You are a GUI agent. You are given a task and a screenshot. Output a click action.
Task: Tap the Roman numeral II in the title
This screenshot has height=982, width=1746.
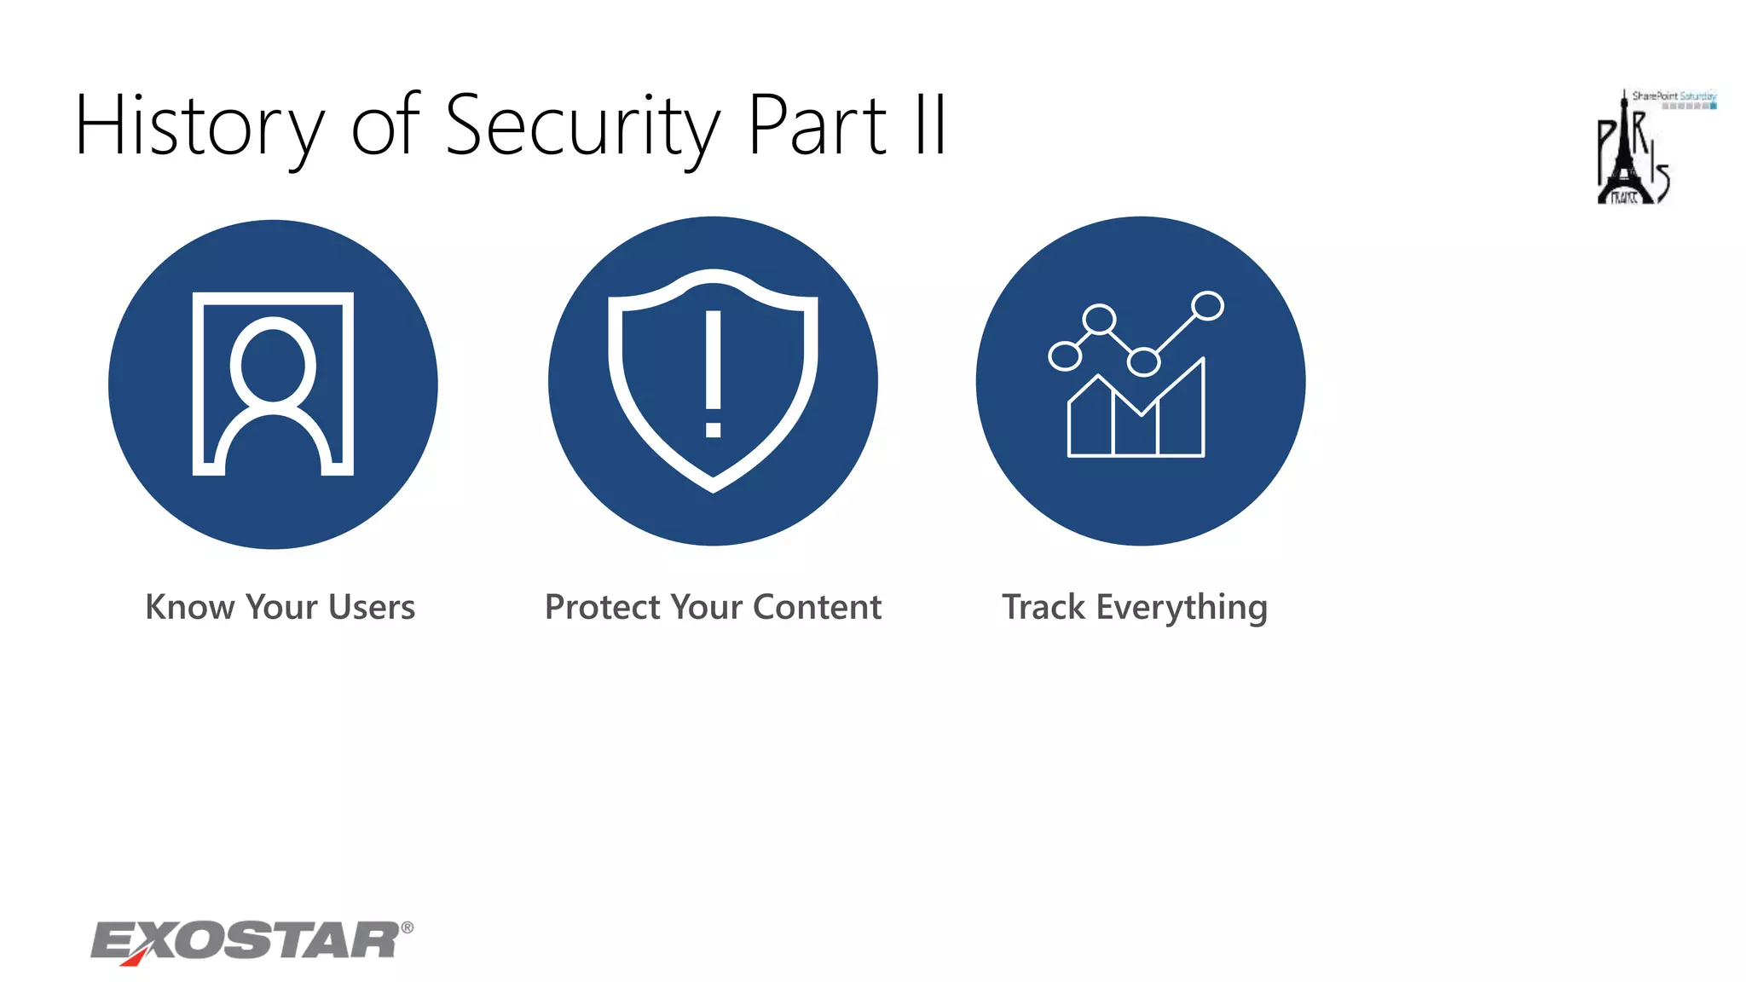[x=930, y=126]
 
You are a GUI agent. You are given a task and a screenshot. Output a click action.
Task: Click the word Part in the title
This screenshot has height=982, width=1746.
[x=818, y=126]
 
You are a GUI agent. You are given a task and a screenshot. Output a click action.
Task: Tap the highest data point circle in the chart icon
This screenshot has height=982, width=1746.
[x=1207, y=306]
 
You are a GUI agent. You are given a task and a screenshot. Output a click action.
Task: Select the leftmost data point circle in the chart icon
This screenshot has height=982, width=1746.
[x=1065, y=355]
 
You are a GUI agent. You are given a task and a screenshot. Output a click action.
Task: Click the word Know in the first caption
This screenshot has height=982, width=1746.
[x=189, y=607]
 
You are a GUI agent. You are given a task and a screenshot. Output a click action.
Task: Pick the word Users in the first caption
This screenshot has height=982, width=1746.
[x=373, y=607]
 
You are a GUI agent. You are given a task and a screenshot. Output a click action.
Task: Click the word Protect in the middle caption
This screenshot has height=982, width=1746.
[x=602, y=607]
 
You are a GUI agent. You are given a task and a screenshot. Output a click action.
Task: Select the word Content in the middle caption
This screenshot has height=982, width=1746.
[x=817, y=607]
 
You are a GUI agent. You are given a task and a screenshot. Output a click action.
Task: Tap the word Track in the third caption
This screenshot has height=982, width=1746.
[x=1044, y=607]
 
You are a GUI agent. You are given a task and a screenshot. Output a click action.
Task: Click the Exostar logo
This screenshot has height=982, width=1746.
[x=247, y=942]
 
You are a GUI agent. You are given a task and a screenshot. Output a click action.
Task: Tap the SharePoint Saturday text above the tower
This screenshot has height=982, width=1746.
[x=1674, y=96]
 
